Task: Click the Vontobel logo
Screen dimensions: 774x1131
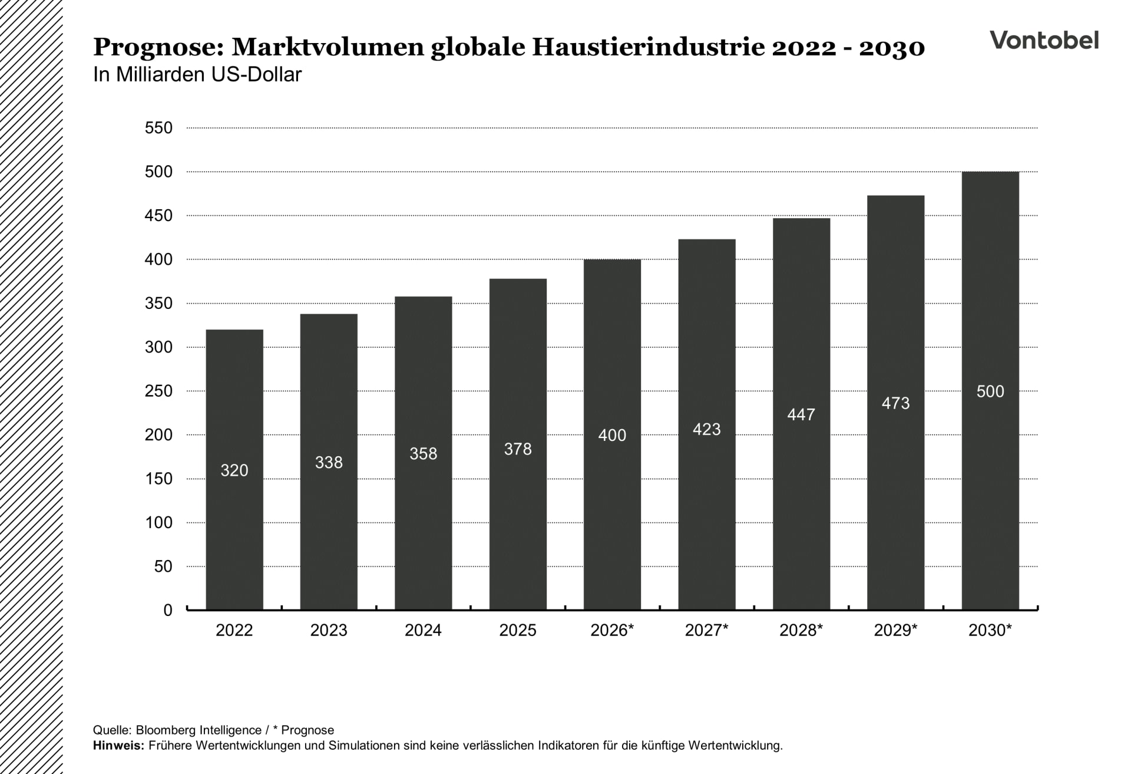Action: [x=1044, y=40]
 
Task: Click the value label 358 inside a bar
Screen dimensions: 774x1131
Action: [x=424, y=454]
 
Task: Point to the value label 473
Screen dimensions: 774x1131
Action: [x=895, y=403]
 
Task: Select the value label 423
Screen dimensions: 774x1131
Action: [x=706, y=429]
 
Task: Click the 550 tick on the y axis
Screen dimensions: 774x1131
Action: [x=158, y=128]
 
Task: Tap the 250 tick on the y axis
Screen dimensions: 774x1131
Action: [x=158, y=391]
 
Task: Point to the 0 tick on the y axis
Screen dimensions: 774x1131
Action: [x=168, y=610]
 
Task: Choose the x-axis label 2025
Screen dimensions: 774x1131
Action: [x=518, y=630]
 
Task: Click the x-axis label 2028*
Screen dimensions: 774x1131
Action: [x=801, y=630]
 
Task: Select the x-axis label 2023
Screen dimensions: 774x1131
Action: [x=329, y=630]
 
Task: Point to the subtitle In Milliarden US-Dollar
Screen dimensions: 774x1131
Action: [x=197, y=75]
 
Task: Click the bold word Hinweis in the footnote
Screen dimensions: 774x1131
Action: [x=118, y=745]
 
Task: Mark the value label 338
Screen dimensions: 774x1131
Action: [x=329, y=463]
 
